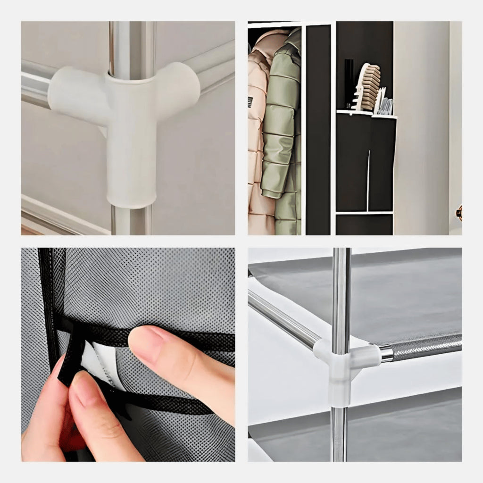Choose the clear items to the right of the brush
tap(384, 104)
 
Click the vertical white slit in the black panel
tap(368, 179)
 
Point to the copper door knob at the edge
tap(458, 212)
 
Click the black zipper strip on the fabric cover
tap(47, 302)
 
